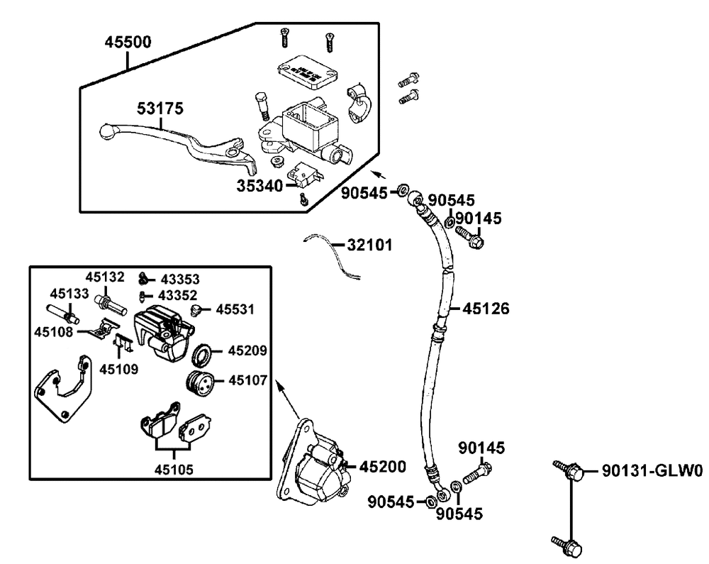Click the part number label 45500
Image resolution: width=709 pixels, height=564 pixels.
tap(128, 42)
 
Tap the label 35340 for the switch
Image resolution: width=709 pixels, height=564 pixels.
tap(260, 186)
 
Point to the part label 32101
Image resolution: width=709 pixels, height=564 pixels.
tap(369, 245)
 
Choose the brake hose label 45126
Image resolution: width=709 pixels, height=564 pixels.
tap(486, 309)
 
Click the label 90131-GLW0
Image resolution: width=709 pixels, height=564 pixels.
tap(652, 471)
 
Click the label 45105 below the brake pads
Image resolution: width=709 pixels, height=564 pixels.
tap(174, 470)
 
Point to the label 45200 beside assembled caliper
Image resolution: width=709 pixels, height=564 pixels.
tap(383, 466)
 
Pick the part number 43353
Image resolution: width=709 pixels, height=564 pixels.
tap(180, 280)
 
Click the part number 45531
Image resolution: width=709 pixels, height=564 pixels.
tap(235, 309)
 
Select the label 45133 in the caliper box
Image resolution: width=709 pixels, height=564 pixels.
tap(69, 294)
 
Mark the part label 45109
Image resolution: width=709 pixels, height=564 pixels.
tap(119, 370)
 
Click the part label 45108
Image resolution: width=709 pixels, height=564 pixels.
tap(53, 332)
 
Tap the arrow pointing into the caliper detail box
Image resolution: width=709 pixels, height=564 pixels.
tap(288, 400)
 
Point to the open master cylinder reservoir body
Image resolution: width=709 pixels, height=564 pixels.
tap(308, 131)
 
